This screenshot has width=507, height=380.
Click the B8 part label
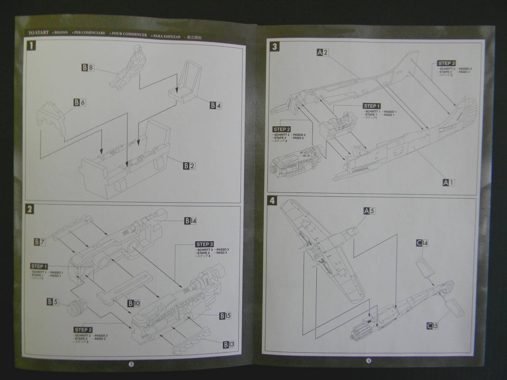tap(88, 67)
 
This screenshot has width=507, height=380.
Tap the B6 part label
tap(80, 102)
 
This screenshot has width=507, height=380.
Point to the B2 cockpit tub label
tap(189, 166)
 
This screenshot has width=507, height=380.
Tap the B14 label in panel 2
tap(190, 221)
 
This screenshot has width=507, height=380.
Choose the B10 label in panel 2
tap(134, 303)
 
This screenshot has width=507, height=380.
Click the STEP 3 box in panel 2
tap(205, 244)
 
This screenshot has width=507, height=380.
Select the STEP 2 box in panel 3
tap(281, 129)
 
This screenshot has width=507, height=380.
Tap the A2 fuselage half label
tap(323, 53)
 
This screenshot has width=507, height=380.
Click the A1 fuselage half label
tap(448, 182)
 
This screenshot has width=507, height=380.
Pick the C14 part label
tap(422, 243)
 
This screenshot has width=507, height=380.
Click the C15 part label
tap(432, 326)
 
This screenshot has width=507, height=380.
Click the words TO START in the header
tap(38, 33)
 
